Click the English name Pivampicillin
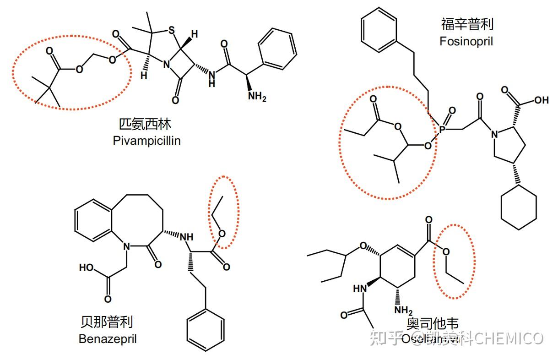[146, 141]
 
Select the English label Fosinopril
[466, 41]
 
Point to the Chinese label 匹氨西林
[146, 125]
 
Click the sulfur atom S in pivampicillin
[171, 32]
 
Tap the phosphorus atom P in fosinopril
[442, 130]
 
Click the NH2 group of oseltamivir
[403, 310]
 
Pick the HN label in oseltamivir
[361, 289]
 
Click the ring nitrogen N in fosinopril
[494, 135]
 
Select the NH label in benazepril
[186, 237]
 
